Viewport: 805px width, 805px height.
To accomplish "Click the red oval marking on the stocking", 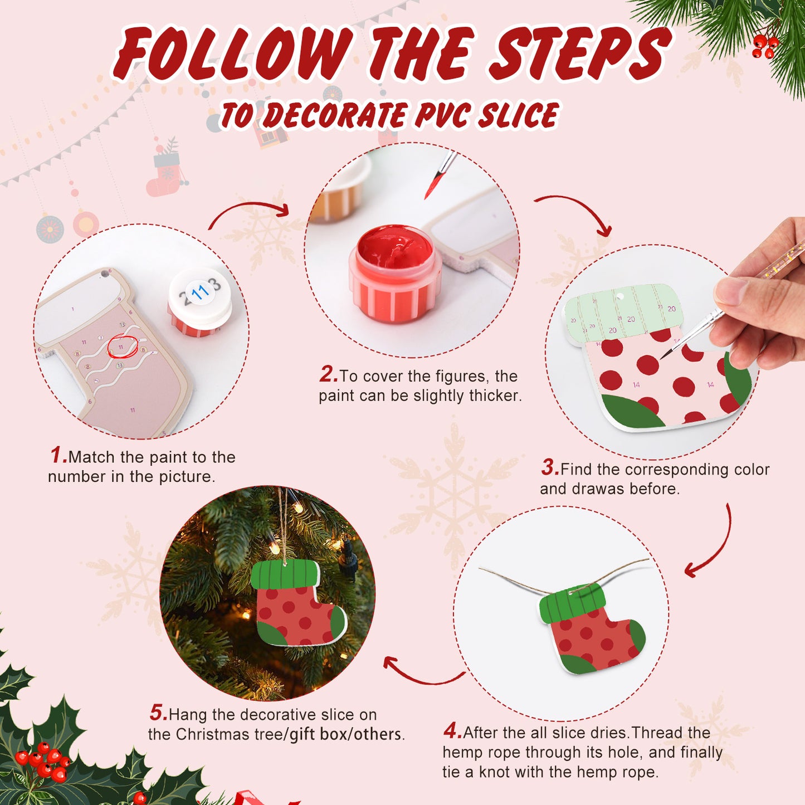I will coord(122,347).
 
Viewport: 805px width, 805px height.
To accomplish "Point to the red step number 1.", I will coord(57,455).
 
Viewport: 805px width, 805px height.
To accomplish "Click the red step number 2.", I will coord(328,374).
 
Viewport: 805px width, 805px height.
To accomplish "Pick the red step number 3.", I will coord(549,467).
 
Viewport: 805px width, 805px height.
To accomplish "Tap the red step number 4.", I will coord(452,730).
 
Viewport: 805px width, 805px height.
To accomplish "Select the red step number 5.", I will coord(158,713).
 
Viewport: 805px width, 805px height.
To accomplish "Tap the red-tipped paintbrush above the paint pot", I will coord(440,175).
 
